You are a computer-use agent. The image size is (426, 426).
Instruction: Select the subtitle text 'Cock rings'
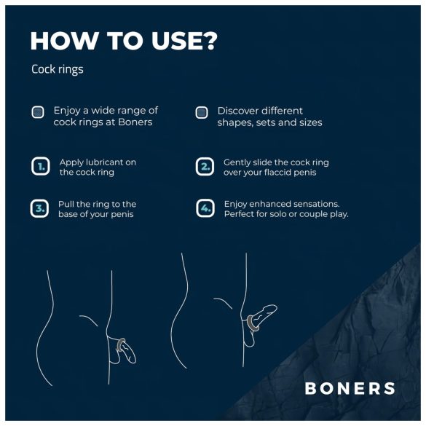coord(58,70)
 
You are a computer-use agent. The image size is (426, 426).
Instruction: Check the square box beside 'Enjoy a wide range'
coord(38,112)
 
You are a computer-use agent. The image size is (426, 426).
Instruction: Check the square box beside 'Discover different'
coord(202,112)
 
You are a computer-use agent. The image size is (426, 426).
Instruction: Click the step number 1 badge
coord(41,167)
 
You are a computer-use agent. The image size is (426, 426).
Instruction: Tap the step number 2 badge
coord(205,167)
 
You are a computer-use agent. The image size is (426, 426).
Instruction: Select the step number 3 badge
coord(41,209)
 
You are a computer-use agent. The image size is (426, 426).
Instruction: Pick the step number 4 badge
coord(205,209)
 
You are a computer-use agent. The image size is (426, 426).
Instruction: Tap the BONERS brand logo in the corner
coord(350,388)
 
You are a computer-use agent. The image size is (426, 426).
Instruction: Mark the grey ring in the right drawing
coord(251,321)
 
